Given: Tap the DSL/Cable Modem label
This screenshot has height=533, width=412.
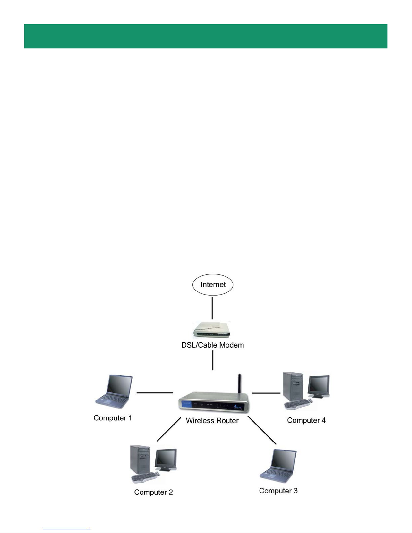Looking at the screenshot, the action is tap(212, 345).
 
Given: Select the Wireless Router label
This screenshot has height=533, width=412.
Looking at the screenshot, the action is tap(212, 420).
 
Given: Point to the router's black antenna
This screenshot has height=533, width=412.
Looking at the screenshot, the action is tap(239, 384).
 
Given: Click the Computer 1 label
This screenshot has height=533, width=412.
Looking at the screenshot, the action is tap(113, 418).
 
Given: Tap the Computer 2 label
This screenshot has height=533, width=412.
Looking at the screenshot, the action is tap(153, 492).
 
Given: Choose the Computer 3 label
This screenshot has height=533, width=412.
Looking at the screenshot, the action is tap(278, 491).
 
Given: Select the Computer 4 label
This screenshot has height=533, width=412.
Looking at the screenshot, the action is tap(306, 420).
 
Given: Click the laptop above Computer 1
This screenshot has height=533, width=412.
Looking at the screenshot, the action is tap(114, 392).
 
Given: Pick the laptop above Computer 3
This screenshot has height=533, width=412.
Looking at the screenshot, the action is tap(278, 466).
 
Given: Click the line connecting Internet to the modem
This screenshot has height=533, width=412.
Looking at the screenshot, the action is tap(212, 308).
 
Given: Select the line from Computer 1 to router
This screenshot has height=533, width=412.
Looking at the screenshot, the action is tap(155, 393).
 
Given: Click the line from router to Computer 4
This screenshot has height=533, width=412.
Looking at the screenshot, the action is tap(266, 393).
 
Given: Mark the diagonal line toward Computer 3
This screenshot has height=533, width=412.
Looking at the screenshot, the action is tap(262, 430).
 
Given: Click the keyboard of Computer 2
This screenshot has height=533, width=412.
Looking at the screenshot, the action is tap(144, 478).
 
